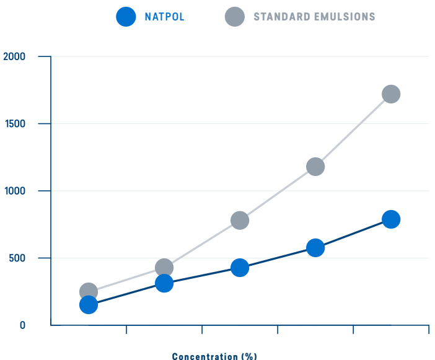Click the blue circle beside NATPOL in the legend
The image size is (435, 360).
tap(126, 17)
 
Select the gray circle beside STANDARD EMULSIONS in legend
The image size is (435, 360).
tap(235, 17)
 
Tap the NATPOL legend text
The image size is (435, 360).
tap(165, 17)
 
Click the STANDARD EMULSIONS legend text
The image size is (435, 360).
tap(314, 17)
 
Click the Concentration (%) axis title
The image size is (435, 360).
tap(214, 356)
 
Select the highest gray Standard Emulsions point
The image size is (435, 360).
tap(391, 94)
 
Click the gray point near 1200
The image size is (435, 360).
tap(315, 167)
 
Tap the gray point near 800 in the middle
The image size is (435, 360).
tap(240, 221)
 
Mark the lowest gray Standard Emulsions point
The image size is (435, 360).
tap(89, 291)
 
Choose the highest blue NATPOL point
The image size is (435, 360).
tap(391, 219)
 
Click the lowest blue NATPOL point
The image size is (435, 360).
tap(89, 305)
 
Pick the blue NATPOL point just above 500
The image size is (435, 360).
tap(315, 248)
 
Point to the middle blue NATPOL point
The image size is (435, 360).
tap(240, 268)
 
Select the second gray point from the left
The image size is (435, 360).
tap(164, 268)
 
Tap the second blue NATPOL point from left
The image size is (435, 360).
tap(164, 284)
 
